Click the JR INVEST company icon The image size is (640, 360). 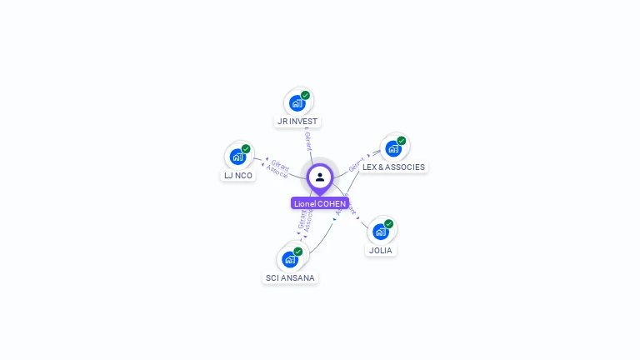click(x=297, y=103)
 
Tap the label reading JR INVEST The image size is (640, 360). click(x=297, y=122)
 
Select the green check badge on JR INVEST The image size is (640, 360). click(x=306, y=95)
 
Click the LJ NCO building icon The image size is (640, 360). click(x=237, y=157)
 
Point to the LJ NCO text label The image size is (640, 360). click(x=238, y=176)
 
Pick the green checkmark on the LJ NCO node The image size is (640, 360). click(x=246, y=149)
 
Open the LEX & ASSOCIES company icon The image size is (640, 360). click(x=393, y=148)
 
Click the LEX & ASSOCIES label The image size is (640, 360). click(x=393, y=167)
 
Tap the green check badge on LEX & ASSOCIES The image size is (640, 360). click(x=402, y=141)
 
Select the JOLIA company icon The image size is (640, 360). click(x=381, y=232)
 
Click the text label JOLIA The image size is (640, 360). click(x=381, y=250)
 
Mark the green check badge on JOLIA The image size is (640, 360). click(x=389, y=223)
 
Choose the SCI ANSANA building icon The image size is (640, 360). click(x=290, y=258)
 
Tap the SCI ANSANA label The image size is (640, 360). click(x=291, y=277)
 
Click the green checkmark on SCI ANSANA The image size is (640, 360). click(x=298, y=251)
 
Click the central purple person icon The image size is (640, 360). click(x=320, y=177)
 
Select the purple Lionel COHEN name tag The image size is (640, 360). click(x=320, y=203)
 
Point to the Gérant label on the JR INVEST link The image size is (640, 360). click(x=308, y=140)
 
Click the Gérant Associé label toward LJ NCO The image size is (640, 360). click(x=278, y=169)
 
